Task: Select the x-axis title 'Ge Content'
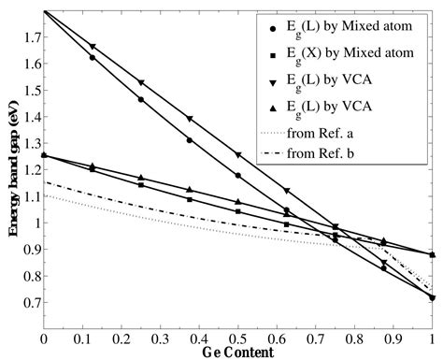pyautogui.click(x=236, y=353)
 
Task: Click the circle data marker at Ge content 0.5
pyautogui.click(x=237, y=176)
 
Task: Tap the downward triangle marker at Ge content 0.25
pyautogui.click(x=140, y=83)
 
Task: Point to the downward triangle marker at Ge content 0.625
pyautogui.click(x=286, y=191)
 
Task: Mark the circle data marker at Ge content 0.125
pyautogui.click(x=92, y=58)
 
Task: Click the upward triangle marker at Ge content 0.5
pyautogui.click(x=237, y=202)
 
